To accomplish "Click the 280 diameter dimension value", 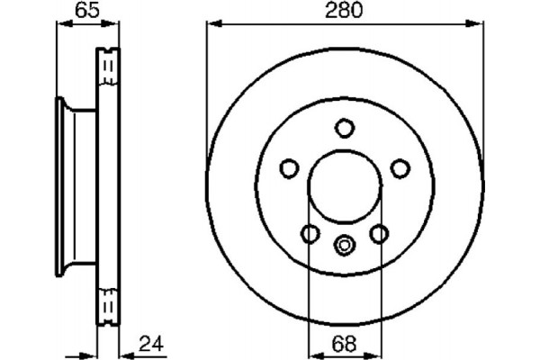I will (x=345, y=13).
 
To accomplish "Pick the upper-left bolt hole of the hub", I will (x=289, y=167).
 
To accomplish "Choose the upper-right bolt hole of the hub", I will (x=400, y=167).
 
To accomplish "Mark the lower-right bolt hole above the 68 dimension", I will (x=379, y=234).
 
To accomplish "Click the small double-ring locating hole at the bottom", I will (x=345, y=243).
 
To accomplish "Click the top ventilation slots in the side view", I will (x=107, y=65).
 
